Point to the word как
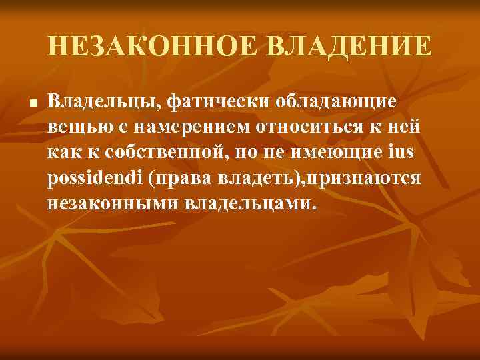coord(63,152)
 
